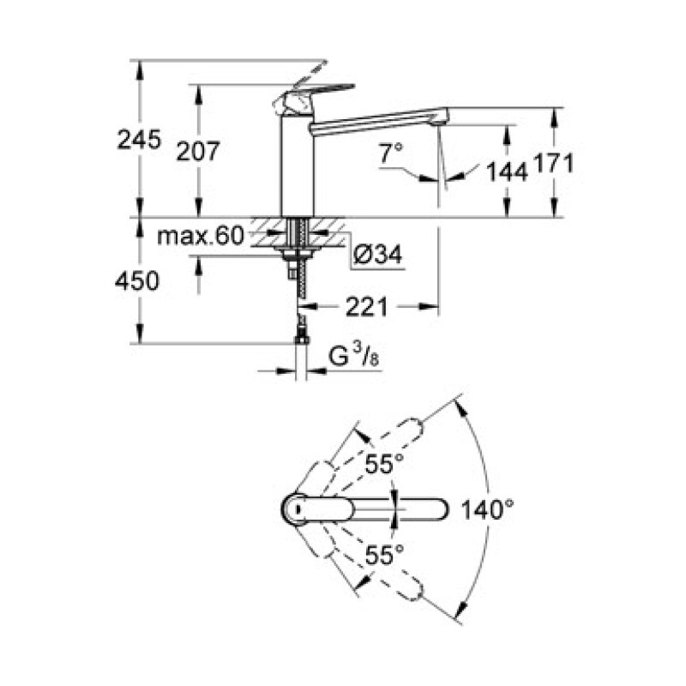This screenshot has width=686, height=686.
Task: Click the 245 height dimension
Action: coord(139,140)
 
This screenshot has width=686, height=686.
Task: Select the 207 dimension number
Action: coord(198,151)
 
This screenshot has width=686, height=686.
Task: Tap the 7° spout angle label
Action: coord(391,154)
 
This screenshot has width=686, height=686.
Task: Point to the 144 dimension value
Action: coord(506,172)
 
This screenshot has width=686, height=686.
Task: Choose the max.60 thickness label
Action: coord(201,237)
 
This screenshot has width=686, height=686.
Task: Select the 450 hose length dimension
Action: coord(138,280)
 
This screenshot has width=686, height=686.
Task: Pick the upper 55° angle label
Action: coord(386,464)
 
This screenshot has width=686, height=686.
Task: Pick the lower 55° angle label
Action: coord(386,555)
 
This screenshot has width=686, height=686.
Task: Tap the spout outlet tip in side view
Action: coord(439,117)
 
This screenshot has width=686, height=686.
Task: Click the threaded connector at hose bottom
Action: coord(301,338)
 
